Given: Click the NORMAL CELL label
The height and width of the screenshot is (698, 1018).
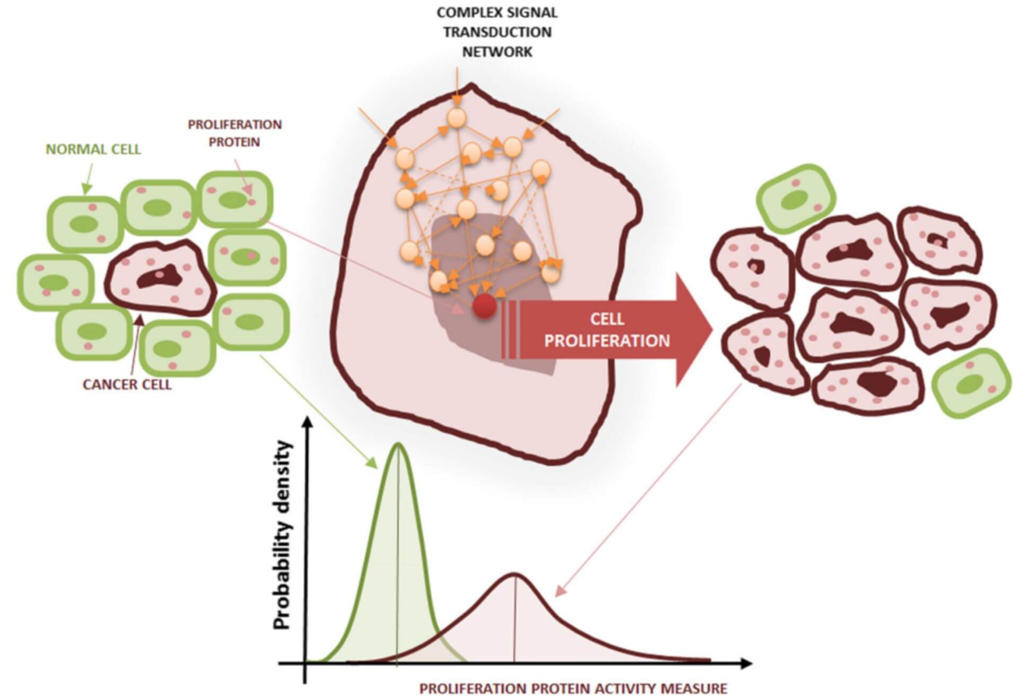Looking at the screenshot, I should point(93,149).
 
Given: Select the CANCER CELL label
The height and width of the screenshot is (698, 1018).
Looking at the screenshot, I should point(127,384).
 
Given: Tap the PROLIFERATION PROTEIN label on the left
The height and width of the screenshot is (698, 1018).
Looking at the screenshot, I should point(234,133).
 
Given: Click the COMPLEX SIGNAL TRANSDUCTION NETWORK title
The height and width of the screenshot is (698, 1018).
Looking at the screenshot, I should point(497,32).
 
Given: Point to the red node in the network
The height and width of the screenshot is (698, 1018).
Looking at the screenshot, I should point(484,307).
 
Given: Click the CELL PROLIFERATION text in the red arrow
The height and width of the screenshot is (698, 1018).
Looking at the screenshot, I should point(607,330).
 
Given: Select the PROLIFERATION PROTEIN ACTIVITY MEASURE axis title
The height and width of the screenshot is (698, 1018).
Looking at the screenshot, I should point(573,689).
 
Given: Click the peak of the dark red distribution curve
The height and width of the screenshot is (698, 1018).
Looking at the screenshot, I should point(514,574).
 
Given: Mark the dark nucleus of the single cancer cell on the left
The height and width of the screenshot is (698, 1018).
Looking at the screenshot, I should point(160,276).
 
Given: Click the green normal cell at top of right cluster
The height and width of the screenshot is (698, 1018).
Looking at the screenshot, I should point(795,199).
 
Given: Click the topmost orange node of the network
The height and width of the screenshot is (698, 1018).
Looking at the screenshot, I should point(456,118).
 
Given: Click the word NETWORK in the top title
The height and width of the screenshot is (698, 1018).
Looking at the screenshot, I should point(497,52).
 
